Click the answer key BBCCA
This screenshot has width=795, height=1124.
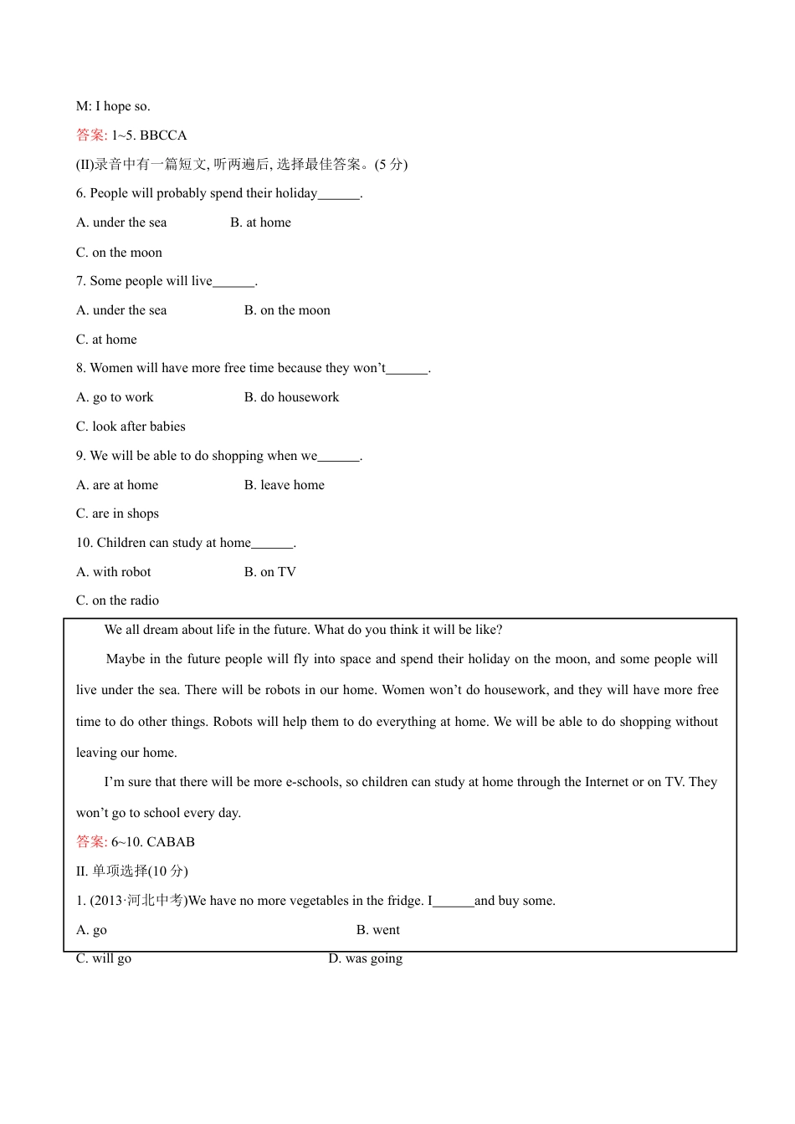tap(163, 135)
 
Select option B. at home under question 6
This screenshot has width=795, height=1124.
tap(260, 222)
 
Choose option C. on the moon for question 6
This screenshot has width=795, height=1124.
tap(119, 253)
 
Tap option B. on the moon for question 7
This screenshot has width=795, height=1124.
tap(287, 310)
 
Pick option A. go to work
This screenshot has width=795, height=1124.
tap(115, 397)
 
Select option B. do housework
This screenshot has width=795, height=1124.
tap(291, 397)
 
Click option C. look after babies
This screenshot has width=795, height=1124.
tap(131, 427)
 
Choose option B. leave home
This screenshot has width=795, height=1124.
tap(284, 485)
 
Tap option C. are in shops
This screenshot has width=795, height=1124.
tap(117, 513)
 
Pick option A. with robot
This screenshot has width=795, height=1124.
tap(114, 572)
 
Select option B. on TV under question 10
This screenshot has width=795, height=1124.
tap(269, 572)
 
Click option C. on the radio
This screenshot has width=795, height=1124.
tap(117, 600)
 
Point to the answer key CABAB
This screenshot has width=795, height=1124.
tap(171, 842)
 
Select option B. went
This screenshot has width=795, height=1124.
tap(377, 930)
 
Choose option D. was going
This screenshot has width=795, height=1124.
tap(365, 958)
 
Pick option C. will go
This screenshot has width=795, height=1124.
tap(104, 958)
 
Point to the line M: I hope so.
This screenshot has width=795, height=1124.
tap(113, 106)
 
